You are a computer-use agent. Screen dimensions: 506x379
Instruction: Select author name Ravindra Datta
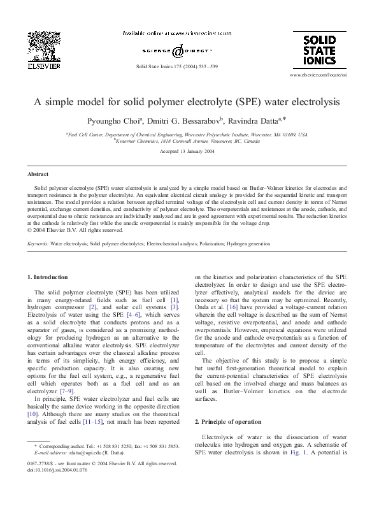[x=254, y=120]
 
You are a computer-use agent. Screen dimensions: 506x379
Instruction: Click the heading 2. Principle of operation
[x=227, y=422]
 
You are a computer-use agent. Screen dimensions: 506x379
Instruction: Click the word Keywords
[x=38, y=243]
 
